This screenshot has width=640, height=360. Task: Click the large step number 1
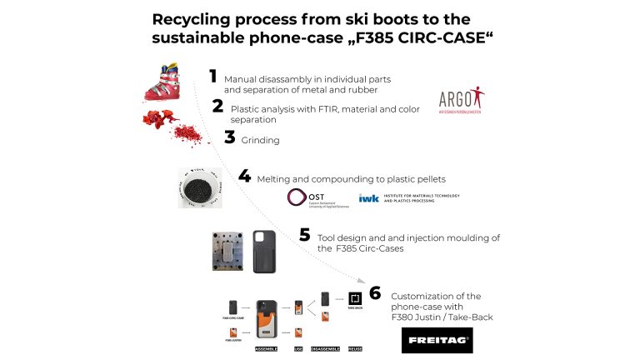pyautogui.click(x=213, y=77)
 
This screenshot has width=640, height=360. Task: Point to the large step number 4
pyautogui.click(x=244, y=177)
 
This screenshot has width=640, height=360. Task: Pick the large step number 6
pyautogui.click(x=375, y=293)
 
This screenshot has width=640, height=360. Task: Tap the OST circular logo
pyautogui.click(x=297, y=197)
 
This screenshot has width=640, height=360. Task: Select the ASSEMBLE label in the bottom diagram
pyautogui.click(x=266, y=348)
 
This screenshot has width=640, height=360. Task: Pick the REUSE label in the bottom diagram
pyautogui.click(x=353, y=348)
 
